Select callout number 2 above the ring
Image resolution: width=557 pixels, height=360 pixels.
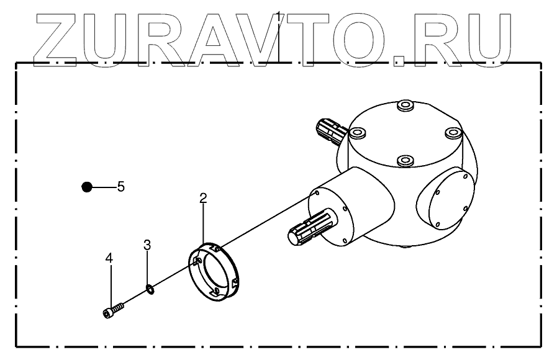click(x=203, y=198)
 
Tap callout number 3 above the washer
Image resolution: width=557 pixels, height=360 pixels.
click(x=147, y=244)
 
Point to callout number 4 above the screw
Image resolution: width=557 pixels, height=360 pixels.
click(x=109, y=258)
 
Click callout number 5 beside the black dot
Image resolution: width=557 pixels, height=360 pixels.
click(x=121, y=186)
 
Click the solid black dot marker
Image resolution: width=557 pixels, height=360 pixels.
click(x=87, y=186)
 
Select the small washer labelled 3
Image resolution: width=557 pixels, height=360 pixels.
click(x=150, y=288)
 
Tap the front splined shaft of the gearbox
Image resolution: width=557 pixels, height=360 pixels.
click(x=308, y=231)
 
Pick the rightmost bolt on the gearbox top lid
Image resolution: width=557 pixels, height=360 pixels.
click(x=453, y=132)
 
